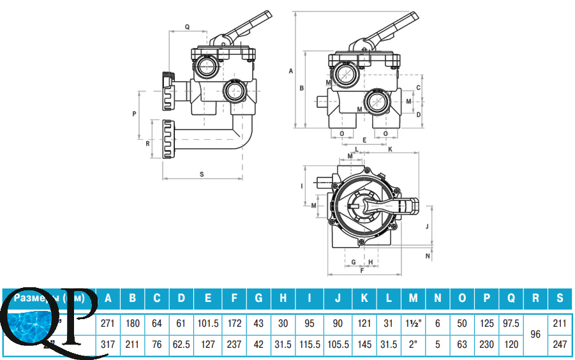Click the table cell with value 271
(x=108, y=323)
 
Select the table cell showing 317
(x=108, y=345)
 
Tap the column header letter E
(x=208, y=297)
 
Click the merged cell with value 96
(x=535, y=334)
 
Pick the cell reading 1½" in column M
(x=413, y=323)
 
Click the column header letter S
(x=560, y=297)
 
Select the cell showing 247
(x=560, y=345)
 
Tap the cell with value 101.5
(x=208, y=323)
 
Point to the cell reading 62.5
(x=182, y=345)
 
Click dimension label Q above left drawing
(x=187, y=27)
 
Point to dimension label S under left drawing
(x=202, y=173)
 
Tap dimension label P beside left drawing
(x=135, y=114)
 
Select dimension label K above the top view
(x=389, y=149)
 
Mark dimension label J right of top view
(x=425, y=226)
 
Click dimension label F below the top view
(x=362, y=271)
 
